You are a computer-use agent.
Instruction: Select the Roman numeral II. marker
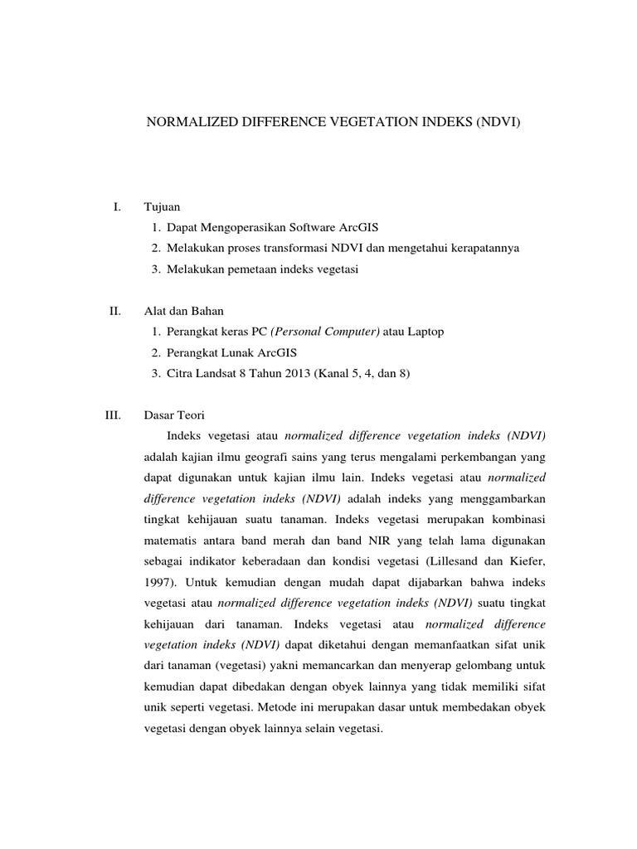point(115,311)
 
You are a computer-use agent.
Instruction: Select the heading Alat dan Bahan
point(183,311)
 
